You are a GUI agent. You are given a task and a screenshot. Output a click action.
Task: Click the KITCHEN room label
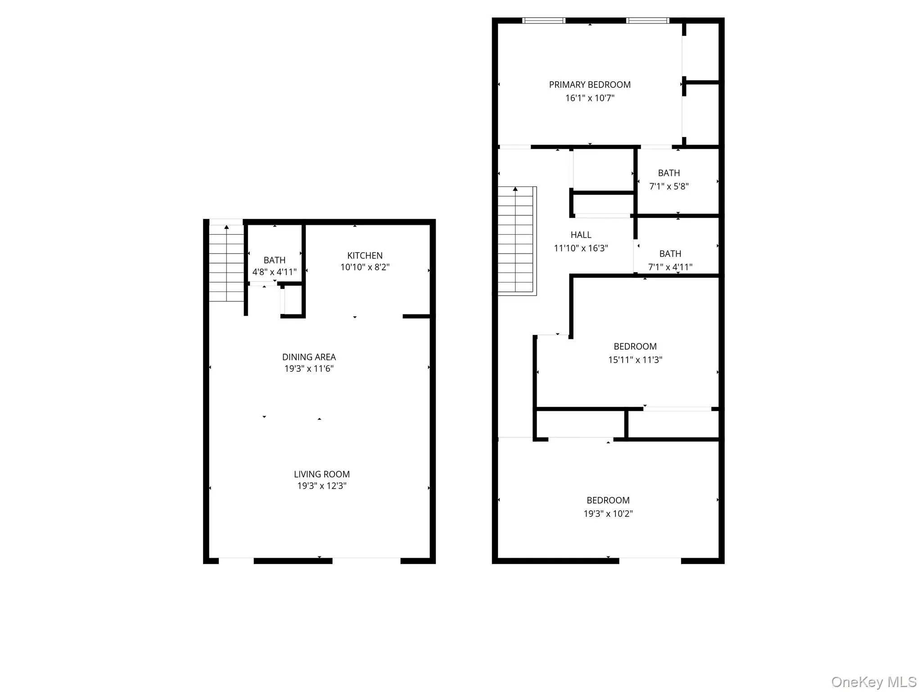365,255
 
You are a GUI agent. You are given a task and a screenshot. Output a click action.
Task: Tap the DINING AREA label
309,357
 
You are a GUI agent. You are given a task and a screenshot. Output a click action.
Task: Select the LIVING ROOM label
321,474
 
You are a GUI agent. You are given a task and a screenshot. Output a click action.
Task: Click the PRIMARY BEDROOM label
590,85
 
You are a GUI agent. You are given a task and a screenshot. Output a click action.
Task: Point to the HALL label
581,235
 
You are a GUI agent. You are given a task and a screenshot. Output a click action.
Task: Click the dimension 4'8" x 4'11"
274,272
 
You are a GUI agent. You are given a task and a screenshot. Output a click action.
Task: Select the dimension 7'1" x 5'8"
669,186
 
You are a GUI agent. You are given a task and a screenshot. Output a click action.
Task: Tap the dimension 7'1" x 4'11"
670,267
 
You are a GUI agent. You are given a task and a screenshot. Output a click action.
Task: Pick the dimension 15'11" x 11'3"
635,360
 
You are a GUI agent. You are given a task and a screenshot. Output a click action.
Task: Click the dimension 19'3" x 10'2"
608,513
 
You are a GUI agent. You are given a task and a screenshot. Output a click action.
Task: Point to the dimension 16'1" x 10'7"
590,98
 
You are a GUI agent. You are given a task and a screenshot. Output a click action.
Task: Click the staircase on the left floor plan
226,264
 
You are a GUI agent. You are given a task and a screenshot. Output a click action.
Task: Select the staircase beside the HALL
516,241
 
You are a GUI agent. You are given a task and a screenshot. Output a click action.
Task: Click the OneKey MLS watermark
873,682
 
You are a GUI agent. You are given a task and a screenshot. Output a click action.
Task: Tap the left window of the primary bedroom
543,20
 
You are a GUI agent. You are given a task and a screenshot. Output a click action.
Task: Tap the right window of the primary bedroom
647,20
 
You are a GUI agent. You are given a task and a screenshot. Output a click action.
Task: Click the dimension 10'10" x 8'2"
365,267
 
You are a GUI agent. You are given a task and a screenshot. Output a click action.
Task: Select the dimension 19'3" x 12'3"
321,486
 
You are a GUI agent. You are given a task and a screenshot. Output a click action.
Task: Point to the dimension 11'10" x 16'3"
581,248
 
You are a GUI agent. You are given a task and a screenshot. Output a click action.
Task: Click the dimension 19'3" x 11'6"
309,369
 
